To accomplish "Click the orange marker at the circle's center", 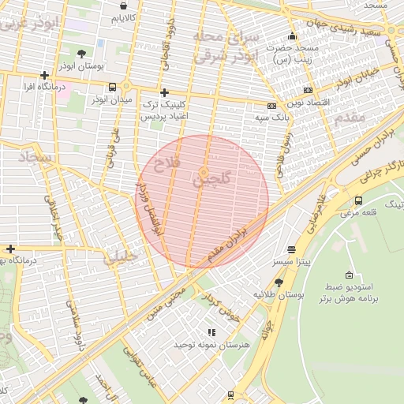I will tap(204, 172).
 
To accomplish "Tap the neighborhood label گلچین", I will tap(212, 181).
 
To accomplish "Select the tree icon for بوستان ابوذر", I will tap(82, 54).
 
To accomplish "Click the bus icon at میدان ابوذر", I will tap(113, 87).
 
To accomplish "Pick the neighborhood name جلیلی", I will tap(120, 255).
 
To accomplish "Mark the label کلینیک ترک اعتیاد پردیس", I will tap(163, 110).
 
